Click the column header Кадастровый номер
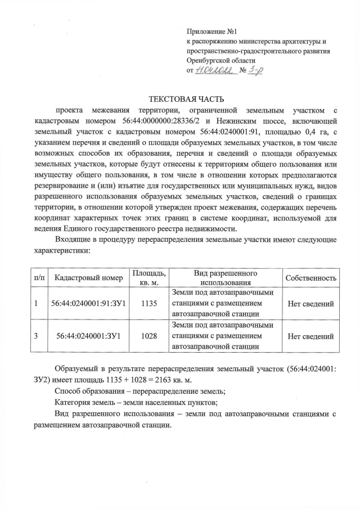(89, 278)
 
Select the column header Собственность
(311, 278)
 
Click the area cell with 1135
(149, 304)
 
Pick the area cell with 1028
(149, 336)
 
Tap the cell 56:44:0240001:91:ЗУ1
(89, 304)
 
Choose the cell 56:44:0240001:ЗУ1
(89, 336)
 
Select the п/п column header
(40, 278)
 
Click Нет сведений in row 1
(311, 304)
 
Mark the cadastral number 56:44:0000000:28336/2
(160, 121)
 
